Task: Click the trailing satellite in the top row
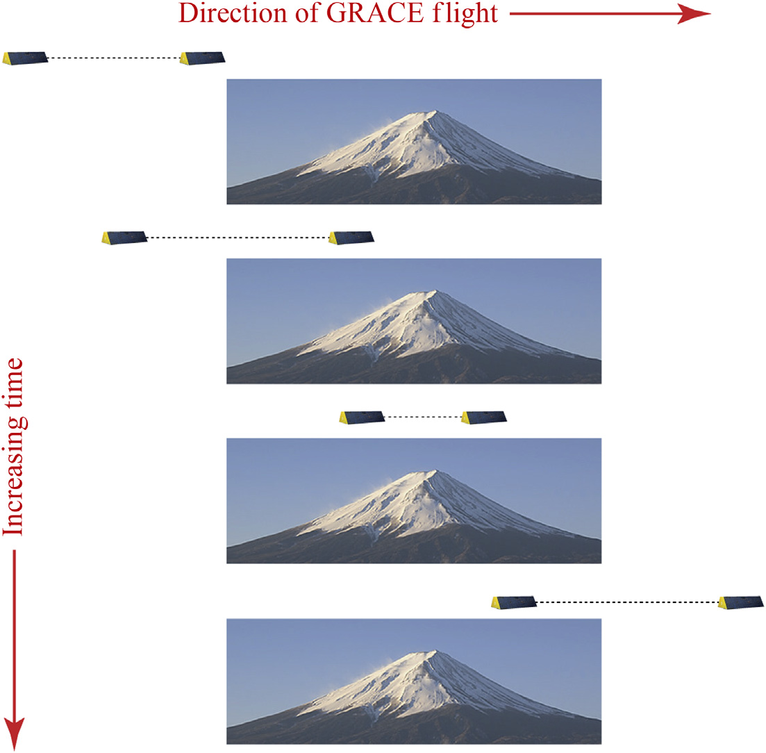tap(25, 58)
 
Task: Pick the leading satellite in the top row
tap(202, 58)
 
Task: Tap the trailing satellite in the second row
tap(124, 238)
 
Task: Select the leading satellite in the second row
tap(351, 238)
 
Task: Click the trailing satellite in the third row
tap(361, 417)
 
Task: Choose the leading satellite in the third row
tap(483, 417)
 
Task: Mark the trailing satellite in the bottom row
tap(514, 602)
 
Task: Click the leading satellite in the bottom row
tap(740, 602)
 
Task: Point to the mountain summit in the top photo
tap(434, 112)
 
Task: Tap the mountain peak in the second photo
tap(434, 292)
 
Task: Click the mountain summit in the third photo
tap(434, 472)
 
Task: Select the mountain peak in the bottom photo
tap(434, 652)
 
